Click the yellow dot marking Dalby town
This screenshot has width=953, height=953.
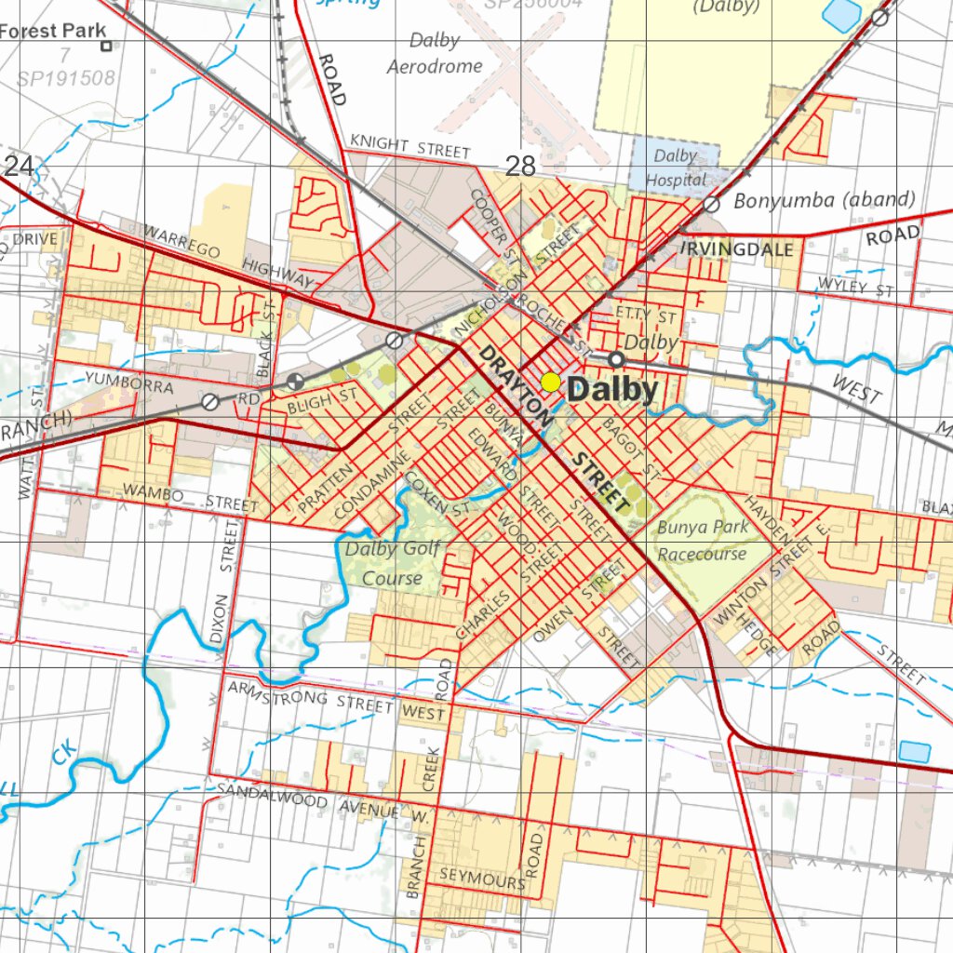coord(550,382)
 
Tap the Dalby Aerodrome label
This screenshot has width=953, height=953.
coord(435,54)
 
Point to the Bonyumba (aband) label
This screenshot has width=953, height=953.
coord(825,199)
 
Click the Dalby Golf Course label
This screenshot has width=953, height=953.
coord(392,563)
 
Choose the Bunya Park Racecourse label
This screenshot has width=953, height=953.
coord(703,541)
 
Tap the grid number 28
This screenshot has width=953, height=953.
coord(520,166)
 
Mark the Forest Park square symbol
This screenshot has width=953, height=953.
coord(106,45)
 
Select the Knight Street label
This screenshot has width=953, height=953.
coord(409,146)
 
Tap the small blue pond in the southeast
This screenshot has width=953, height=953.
coord(914,751)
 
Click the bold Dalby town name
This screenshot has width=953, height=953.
coord(612,390)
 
